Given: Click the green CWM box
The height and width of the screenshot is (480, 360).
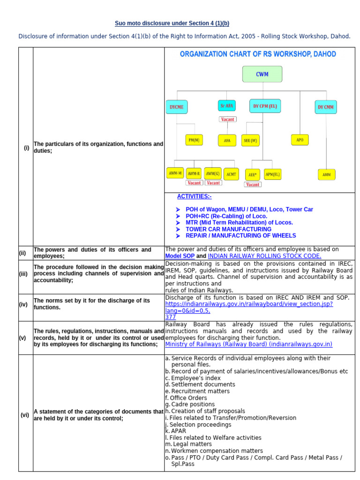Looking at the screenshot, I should (262, 74).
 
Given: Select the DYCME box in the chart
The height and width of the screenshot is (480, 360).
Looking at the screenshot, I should (176, 107).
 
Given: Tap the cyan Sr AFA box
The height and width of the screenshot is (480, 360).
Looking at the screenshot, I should (227, 106).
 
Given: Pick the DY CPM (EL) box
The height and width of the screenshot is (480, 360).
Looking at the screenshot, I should (265, 106).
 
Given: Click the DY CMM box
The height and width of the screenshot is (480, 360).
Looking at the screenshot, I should (326, 107).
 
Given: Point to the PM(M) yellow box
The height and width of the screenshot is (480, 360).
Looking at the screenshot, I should (194, 140).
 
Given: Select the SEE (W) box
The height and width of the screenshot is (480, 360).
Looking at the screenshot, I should (250, 140).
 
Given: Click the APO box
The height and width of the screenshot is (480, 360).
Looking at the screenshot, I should (300, 140).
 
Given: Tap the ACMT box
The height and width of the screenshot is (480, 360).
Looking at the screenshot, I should (231, 174).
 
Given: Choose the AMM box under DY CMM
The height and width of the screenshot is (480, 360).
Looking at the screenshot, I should (326, 174).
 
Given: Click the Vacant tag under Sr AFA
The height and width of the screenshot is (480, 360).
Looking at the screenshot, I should (227, 119).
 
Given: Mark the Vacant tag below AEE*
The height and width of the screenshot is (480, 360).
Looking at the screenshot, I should (253, 184).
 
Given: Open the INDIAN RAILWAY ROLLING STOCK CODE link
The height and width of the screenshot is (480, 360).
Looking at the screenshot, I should (264, 256).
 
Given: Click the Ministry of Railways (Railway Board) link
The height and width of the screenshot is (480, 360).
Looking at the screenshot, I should (248, 344).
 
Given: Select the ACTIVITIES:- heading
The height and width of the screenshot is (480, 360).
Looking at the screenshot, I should (194, 196).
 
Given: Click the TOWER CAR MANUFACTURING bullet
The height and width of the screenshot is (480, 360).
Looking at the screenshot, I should (228, 229).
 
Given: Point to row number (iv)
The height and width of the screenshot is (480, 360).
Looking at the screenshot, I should (23, 304).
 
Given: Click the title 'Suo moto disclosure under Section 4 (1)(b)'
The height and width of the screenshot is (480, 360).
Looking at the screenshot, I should (172, 23).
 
